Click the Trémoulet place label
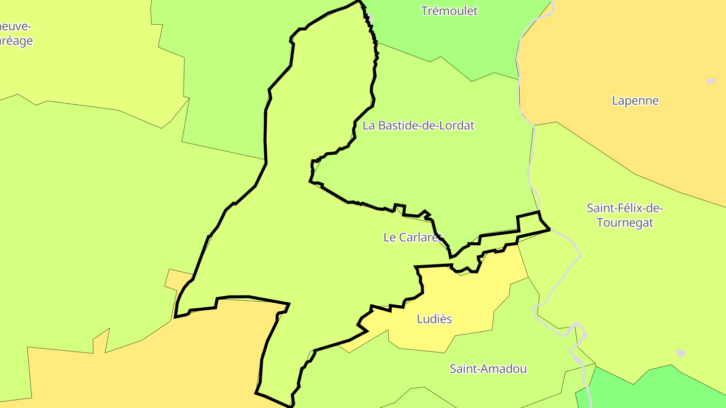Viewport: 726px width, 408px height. [x=449, y=11]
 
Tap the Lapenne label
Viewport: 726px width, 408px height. [x=635, y=100]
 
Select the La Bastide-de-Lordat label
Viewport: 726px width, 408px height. [x=418, y=125]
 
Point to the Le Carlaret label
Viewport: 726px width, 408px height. [x=412, y=237]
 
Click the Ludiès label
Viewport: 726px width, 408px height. [x=434, y=319]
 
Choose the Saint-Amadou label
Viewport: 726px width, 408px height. [x=488, y=369]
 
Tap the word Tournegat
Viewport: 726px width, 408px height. [x=625, y=222]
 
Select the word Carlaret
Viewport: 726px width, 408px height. [x=420, y=237]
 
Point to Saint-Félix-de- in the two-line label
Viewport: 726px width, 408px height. [x=625, y=208]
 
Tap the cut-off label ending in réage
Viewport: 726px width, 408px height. [x=15, y=41]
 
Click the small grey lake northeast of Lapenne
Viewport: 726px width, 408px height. [x=711, y=81]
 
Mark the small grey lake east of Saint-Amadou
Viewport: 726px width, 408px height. [x=681, y=353]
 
